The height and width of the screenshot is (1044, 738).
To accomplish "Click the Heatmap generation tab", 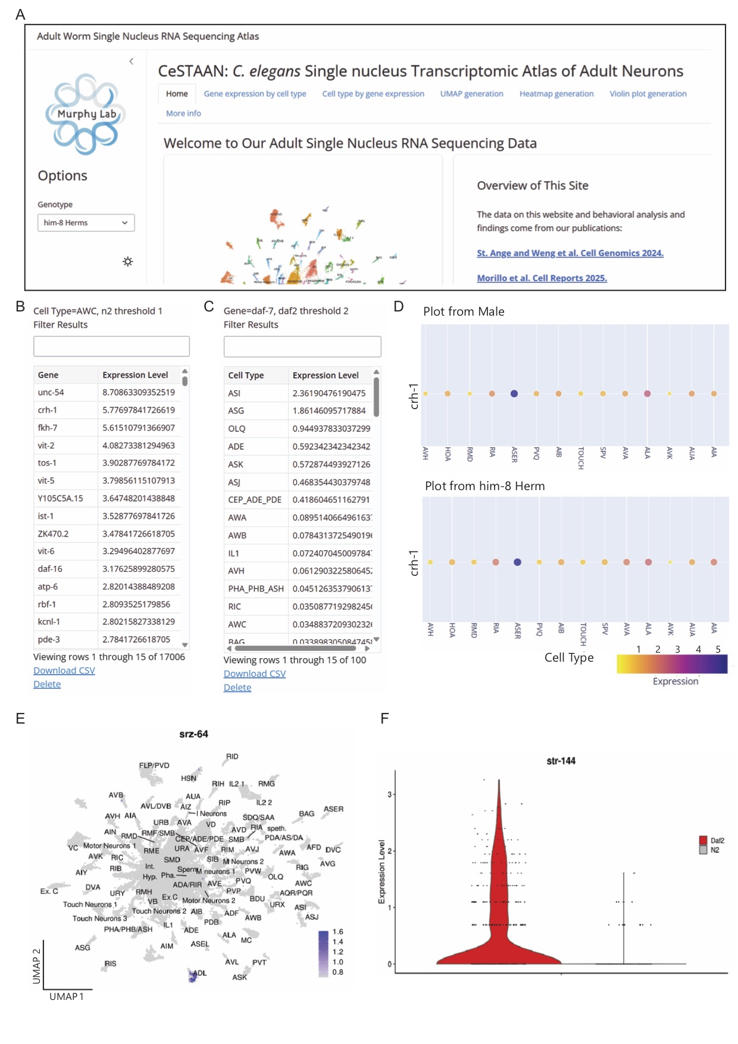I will click(x=556, y=94).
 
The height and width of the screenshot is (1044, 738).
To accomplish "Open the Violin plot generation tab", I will click(x=648, y=94).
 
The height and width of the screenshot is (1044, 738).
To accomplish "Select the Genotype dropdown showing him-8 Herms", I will click(x=86, y=223).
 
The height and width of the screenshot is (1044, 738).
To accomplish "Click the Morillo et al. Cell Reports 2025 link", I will click(x=542, y=278).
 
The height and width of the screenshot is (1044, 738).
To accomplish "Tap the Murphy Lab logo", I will click(x=86, y=114).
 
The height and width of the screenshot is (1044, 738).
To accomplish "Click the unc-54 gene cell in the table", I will click(x=51, y=392).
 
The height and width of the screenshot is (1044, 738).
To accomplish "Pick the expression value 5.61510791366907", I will click(x=139, y=428).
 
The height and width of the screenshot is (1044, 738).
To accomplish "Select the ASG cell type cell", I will click(x=236, y=411).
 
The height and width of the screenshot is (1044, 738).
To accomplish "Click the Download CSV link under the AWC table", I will click(x=64, y=671).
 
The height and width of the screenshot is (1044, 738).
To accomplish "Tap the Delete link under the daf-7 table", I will click(x=237, y=688).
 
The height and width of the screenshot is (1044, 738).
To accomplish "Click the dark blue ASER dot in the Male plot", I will click(x=514, y=394).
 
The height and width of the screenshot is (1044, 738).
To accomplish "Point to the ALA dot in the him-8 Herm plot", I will click(x=648, y=562).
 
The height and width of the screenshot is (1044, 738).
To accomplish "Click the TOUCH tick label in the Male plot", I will click(x=581, y=457).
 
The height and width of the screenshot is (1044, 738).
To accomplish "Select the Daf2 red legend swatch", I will click(x=703, y=840).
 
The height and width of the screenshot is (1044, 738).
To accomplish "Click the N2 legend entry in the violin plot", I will click(x=714, y=850).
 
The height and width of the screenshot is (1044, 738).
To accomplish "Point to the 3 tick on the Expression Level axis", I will click(x=390, y=794).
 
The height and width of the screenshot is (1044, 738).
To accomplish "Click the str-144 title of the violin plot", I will click(x=561, y=761).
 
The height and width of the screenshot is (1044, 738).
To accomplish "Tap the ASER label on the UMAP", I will click(x=333, y=809).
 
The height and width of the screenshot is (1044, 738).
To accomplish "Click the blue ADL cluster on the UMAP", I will click(x=193, y=976).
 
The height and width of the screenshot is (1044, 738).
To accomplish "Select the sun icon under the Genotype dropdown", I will click(x=127, y=261).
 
